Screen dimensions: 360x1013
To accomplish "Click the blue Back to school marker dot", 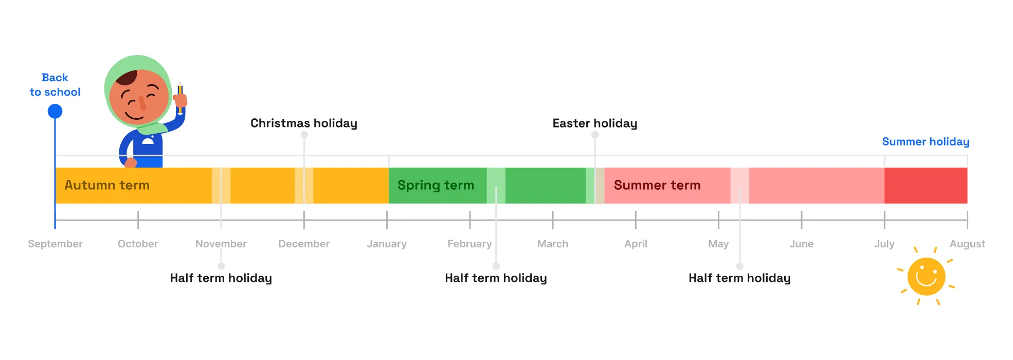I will (x=55, y=111).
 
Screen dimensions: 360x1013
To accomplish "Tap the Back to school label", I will (x=55, y=85).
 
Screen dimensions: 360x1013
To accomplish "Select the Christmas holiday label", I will (x=303, y=123).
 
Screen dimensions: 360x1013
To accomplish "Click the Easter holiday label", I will (x=594, y=123).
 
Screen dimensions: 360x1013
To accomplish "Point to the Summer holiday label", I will (x=925, y=141).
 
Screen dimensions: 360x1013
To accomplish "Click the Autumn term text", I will (x=107, y=185).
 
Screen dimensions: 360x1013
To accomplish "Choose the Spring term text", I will (x=436, y=185).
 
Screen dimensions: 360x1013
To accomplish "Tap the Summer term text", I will (x=657, y=185).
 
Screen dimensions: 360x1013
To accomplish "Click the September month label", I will (x=55, y=244).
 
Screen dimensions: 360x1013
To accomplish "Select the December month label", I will (x=304, y=244).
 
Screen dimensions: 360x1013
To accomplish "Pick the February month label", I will (x=469, y=244).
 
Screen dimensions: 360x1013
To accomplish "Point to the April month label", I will (x=636, y=244).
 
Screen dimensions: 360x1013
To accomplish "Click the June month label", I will (x=801, y=244).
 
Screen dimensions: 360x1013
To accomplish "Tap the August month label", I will (x=967, y=244).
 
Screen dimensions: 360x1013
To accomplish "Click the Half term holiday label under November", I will (x=221, y=278).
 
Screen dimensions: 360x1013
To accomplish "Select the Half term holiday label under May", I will (x=739, y=278).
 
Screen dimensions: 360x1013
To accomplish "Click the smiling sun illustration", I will (x=926, y=277).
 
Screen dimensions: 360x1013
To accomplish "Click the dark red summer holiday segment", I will (x=926, y=185).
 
